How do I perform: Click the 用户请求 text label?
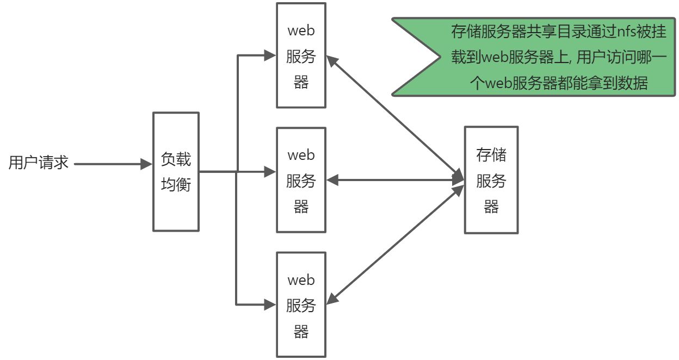pyautogui.click(x=38, y=163)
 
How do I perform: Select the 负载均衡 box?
pyautogui.click(x=176, y=171)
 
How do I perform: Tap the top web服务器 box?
pyautogui.click(x=301, y=55)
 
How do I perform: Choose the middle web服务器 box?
pyautogui.click(x=301, y=180)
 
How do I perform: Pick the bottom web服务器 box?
pyautogui.click(x=301, y=305)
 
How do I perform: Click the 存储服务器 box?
pyautogui.click(x=491, y=180)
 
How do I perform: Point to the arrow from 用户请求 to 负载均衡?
pyautogui.click(x=112, y=163)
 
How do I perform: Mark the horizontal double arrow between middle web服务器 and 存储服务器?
pyautogui.click(x=394, y=179)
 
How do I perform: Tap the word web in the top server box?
pyautogui.click(x=301, y=30)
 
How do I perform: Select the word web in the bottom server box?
pyautogui.click(x=301, y=280)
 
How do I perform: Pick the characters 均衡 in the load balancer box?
pyautogui.click(x=176, y=184)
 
